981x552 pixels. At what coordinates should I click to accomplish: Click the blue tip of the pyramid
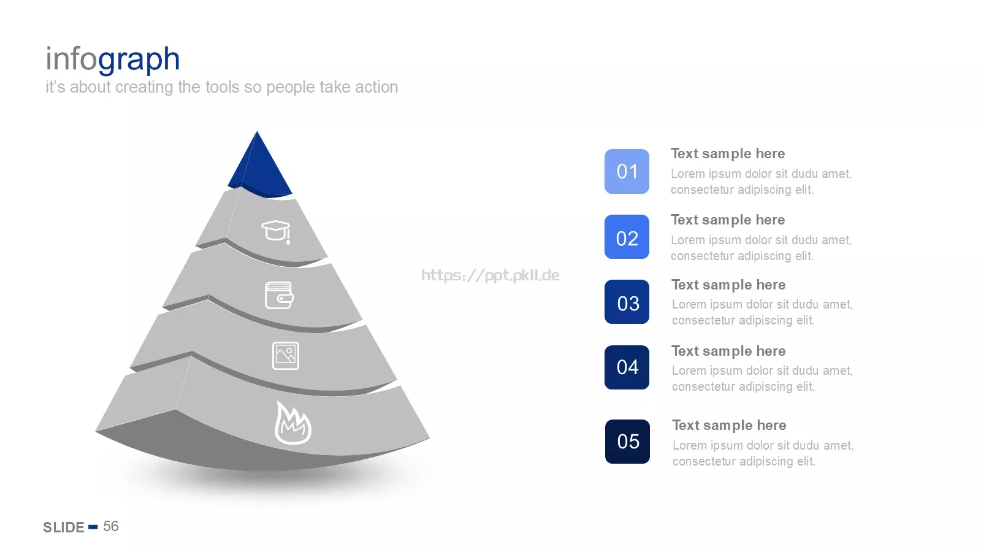click(x=259, y=169)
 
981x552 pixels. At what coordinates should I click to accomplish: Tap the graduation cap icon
click(x=277, y=232)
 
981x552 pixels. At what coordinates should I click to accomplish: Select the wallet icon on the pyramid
click(x=279, y=295)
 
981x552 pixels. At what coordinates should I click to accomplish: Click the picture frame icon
click(x=286, y=356)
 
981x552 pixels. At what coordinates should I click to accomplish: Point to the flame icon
click(x=292, y=423)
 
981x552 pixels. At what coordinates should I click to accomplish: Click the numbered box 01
click(x=627, y=171)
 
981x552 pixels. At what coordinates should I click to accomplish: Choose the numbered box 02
click(x=627, y=237)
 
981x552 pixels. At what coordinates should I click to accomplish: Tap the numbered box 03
click(x=627, y=302)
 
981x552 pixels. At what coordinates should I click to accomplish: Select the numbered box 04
click(x=627, y=367)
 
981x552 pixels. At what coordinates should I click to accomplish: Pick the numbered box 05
click(x=628, y=442)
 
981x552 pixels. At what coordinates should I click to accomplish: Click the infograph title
click(x=113, y=59)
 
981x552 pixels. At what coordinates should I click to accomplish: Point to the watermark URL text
click(x=490, y=275)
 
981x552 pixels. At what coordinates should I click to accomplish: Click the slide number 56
click(x=111, y=526)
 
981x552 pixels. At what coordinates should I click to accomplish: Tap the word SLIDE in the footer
click(x=64, y=527)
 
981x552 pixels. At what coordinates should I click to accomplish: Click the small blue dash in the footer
click(x=93, y=527)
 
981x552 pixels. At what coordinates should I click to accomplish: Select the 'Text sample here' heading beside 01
click(x=728, y=154)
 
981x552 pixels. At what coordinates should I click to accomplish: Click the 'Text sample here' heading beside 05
click(x=729, y=426)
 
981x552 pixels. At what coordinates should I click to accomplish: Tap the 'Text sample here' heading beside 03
click(x=729, y=285)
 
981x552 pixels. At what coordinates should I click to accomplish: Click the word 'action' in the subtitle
click(x=376, y=87)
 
